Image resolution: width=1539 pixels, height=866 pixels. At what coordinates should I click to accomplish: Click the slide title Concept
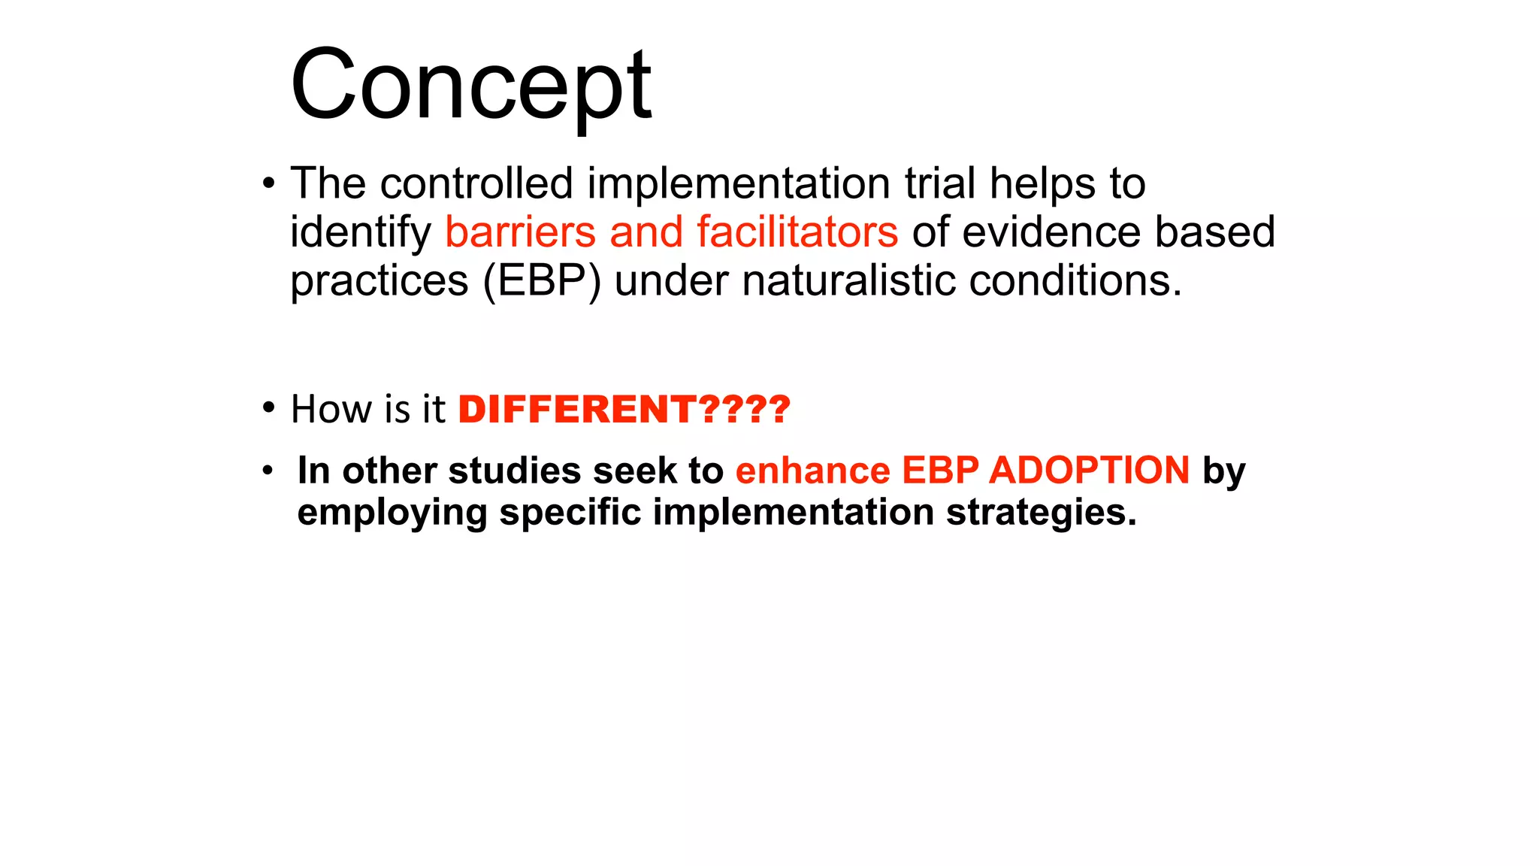click(x=471, y=84)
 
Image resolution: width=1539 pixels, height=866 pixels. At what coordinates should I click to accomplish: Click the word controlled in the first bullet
click(x=476, y=183)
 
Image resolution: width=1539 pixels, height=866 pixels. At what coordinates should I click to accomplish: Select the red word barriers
click(x=520, y=232)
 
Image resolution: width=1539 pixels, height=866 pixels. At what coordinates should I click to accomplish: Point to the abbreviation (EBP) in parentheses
click(x=542, y=281)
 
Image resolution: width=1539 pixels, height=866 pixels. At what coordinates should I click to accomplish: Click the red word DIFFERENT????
click(x=624, y=410)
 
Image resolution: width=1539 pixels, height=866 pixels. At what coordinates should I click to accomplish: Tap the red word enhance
click(x=812, y=471)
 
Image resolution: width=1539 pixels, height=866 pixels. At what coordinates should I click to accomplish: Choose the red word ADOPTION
click(x=1089, y=471)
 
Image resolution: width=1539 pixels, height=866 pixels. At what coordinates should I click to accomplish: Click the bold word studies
click(x=515, y=471)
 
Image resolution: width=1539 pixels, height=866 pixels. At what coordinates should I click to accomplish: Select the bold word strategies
click(x=1041, y=513)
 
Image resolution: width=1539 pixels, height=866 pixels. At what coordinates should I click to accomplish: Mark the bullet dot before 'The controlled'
click(x=268, y=183)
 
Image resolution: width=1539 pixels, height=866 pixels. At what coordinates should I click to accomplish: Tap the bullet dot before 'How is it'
click(x=268, y=408)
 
